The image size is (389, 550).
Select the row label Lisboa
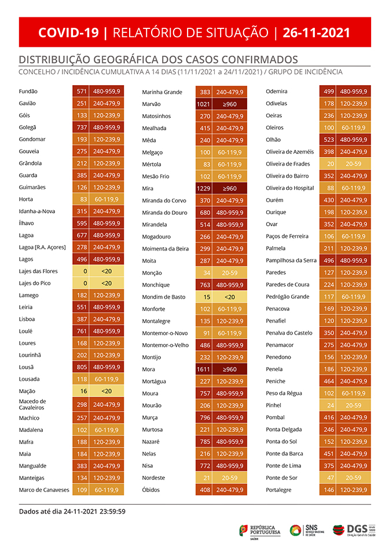27,319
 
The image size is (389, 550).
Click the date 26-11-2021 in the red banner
317,33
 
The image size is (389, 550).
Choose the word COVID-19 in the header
69,33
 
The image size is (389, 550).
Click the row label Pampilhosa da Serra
291,261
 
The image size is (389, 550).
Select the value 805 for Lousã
81,367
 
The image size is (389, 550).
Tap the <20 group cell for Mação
107,391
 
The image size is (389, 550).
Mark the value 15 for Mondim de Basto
206,297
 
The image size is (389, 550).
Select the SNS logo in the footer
307,530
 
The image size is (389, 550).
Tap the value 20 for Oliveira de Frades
330,164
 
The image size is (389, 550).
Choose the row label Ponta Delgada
284,430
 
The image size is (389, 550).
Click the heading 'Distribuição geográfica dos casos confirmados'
158,60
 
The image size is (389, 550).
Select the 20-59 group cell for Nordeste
230,478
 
